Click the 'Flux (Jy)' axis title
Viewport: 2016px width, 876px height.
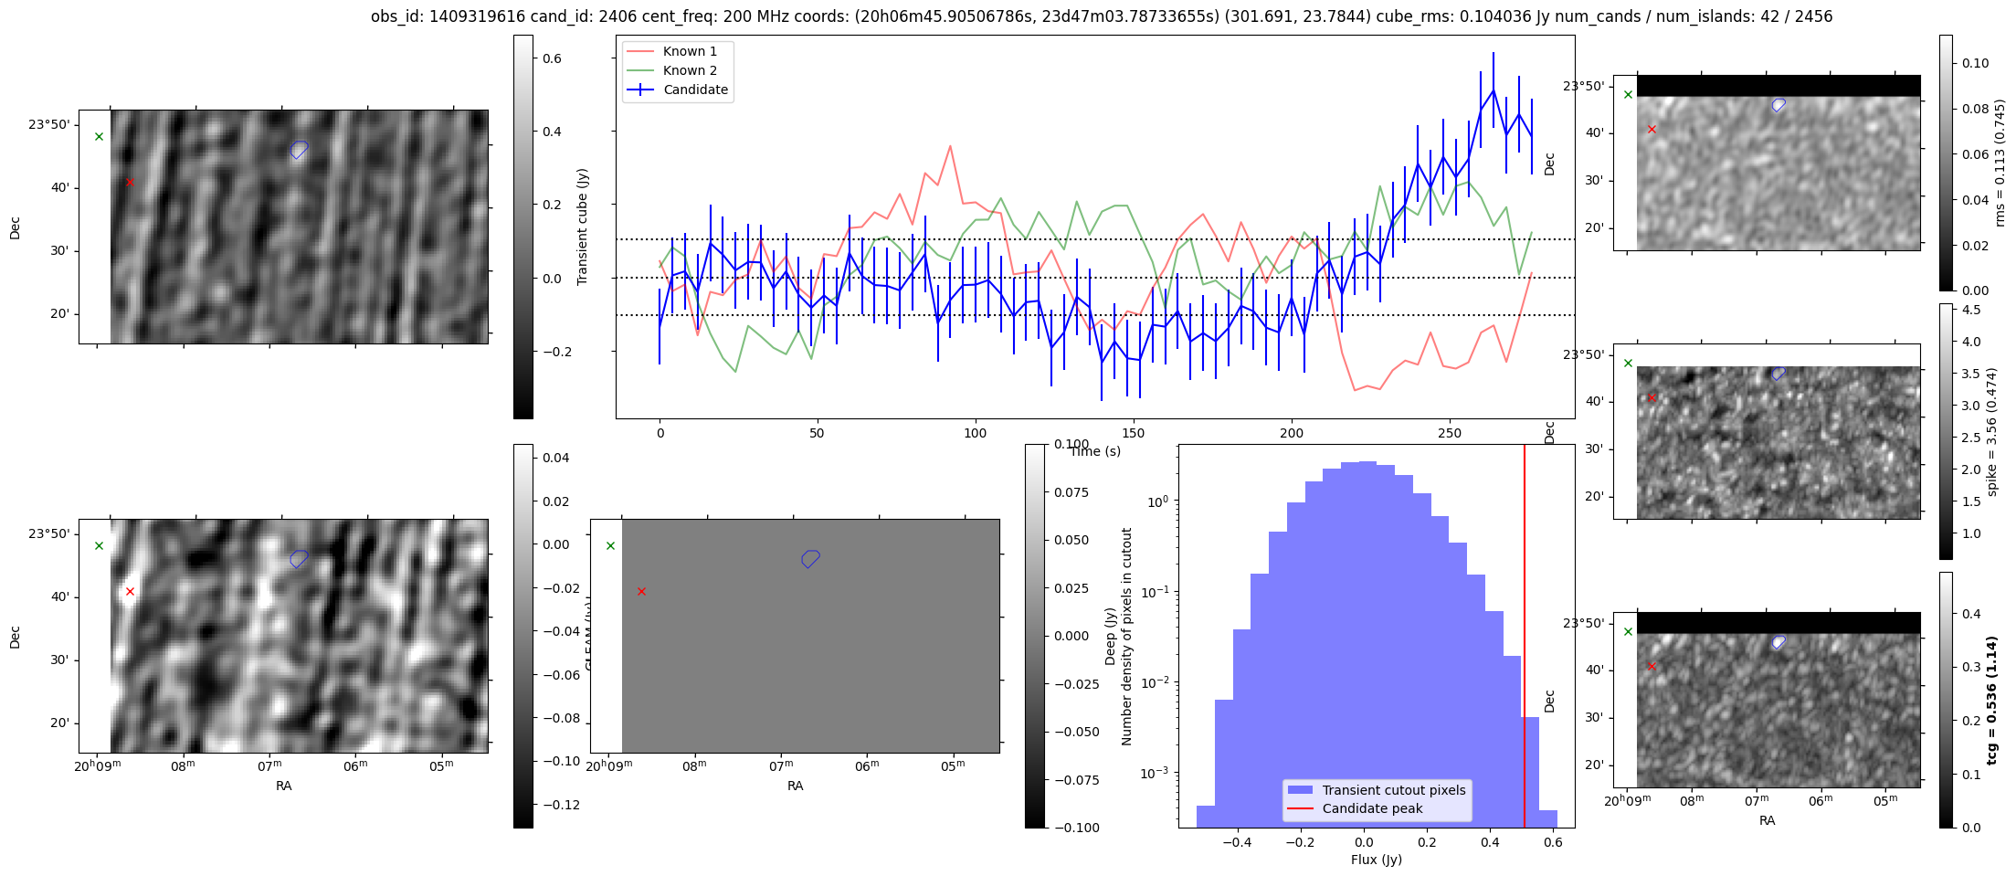coord(1376,860)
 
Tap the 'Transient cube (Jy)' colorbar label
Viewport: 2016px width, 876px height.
coord(583,227)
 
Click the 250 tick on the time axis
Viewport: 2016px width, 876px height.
coord(1449,433)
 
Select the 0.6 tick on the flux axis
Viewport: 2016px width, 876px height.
coord(1553,842)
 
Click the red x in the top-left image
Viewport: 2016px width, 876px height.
coord(130,183)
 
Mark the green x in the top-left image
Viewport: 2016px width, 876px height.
coord(100,137)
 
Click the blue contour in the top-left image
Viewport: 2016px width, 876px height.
coord(300,150)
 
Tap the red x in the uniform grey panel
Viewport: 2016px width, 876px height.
coord(641,592)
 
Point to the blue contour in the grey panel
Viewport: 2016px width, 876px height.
coord(810,558)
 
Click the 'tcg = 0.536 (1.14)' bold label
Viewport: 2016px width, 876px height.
coord(1992,700)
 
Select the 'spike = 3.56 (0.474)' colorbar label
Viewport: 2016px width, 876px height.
coord(1992,431)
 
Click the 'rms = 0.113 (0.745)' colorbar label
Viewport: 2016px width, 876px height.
coord(2000,163)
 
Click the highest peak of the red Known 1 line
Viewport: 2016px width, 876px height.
coord(950,146)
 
